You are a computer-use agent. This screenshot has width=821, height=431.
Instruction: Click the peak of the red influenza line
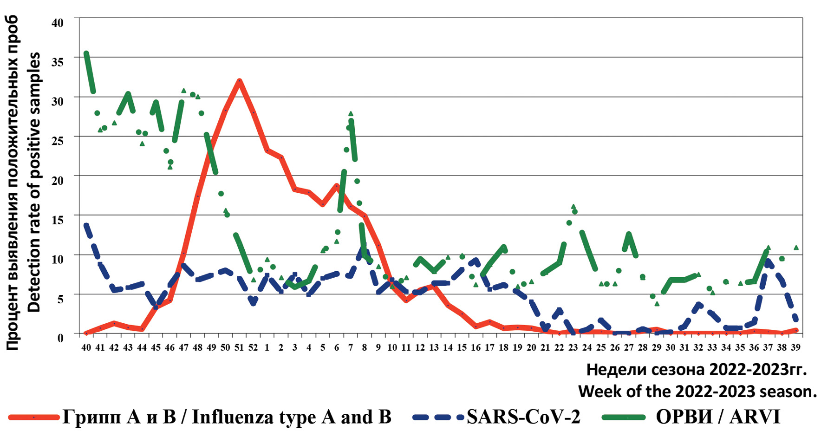click(x=239, y=81)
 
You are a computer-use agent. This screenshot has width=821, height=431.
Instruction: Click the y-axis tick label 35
click(x=57, y=61)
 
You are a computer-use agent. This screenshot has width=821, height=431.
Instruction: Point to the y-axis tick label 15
click(x=57, y=219)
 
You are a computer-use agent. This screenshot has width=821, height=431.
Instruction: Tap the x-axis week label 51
click(x=239, y=347)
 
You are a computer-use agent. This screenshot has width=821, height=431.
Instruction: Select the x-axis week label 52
click(x=253, y=347)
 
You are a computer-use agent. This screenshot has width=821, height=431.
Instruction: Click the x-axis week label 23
click(x=573, y=347)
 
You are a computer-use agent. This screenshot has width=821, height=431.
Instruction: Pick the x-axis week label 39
click(x=795, y=347)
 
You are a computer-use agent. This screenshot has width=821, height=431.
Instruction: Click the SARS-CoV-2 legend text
click(x=523, y=417)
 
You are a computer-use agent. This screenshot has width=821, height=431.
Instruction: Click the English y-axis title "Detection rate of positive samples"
click(x=34, y=182)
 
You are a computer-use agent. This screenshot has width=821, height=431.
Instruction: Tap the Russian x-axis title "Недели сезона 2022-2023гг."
click(x=697, y=370)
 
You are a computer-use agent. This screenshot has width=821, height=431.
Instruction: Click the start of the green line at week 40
click(x=86, y=54)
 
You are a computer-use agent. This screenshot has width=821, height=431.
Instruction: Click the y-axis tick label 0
click(x=60, y=338)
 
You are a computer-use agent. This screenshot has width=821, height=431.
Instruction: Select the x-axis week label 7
click(x=351, y=347)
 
